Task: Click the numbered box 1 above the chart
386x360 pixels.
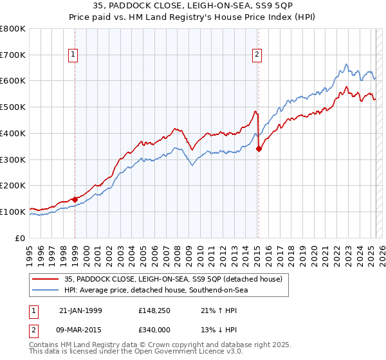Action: point(75,55)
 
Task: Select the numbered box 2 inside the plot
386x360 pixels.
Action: point(257,55)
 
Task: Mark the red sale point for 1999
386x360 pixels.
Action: point(75,199)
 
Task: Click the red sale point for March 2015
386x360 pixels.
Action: point(259,149)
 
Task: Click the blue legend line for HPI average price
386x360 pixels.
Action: point(46,290)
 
